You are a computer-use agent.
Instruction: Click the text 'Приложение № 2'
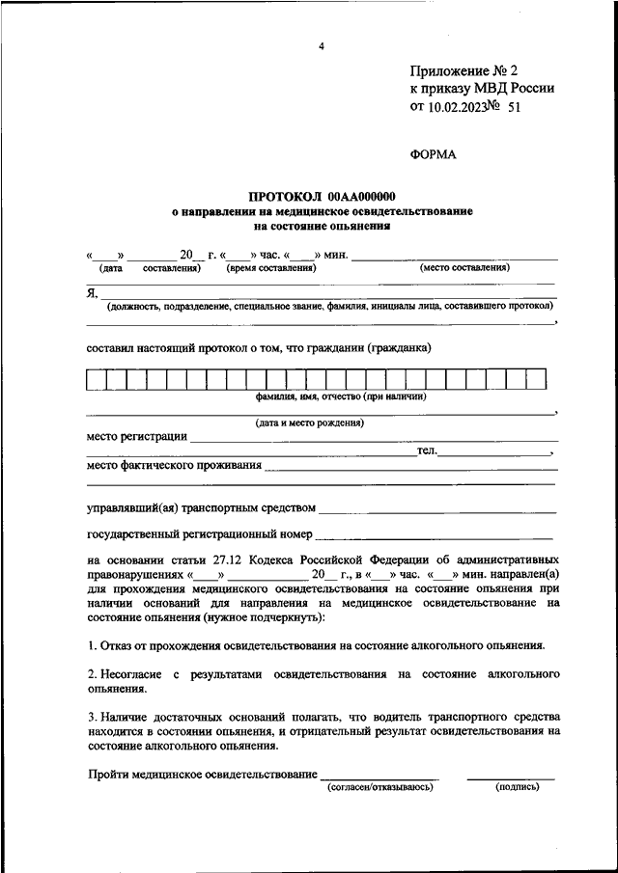click(x=464, y=70)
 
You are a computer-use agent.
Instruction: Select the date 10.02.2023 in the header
click(x=458, y=108)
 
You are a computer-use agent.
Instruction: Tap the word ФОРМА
click(x=433, y=154)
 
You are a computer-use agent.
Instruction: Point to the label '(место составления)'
click(x=464, y=267)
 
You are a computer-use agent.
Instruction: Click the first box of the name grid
click(x=96, y=379)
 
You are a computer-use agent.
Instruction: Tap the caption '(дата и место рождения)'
click(x=309, y=423)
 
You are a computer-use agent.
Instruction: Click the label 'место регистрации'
click(x=136, y=436)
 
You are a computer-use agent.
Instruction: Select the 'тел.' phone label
click(x=427, y=450)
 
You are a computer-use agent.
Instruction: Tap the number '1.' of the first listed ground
click(x=92, y=644)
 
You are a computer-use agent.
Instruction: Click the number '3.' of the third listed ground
click(x=92, y=717)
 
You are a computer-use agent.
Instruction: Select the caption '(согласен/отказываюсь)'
click(x=380, y=787)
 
